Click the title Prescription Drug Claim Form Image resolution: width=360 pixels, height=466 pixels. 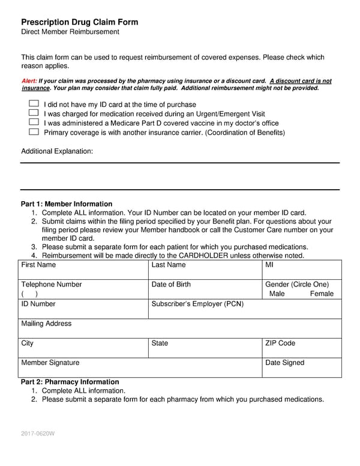[x=79, y=22]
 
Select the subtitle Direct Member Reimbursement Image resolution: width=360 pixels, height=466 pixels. [x=70, y=32]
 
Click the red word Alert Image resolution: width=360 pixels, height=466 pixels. [x=29, y=81]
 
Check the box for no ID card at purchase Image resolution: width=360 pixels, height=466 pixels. [x=34, y=104]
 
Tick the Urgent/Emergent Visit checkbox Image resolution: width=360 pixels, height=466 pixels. [x=34, y=113]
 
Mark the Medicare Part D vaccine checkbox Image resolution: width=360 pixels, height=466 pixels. [x=34, y=123]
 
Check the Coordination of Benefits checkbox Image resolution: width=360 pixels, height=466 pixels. [x=34, y=132]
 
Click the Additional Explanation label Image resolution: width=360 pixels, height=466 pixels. [x=57, y=151]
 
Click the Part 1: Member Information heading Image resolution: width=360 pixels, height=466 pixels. [x=67, y=204]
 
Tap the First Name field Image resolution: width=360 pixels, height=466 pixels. [x=84, y=270]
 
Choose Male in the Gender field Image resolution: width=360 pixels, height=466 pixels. [x=277, y=294]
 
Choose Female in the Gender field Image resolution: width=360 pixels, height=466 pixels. [x=321, y=294]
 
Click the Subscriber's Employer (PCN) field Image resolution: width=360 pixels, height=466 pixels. [x=245, y=309]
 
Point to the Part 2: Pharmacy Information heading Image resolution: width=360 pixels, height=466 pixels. [x=70, y=382]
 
